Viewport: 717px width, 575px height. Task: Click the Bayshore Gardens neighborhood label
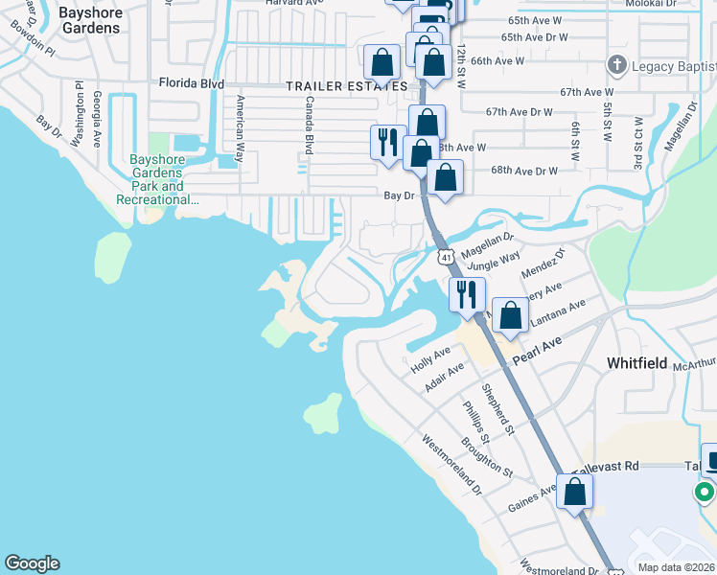[90, 20]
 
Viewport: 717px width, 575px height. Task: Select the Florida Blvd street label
[192, 83]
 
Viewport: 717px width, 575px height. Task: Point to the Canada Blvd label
[310, 126]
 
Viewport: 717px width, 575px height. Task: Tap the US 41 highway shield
[446, 256]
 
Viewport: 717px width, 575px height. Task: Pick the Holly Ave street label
[430, 360]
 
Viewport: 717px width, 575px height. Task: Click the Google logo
[33, 563]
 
